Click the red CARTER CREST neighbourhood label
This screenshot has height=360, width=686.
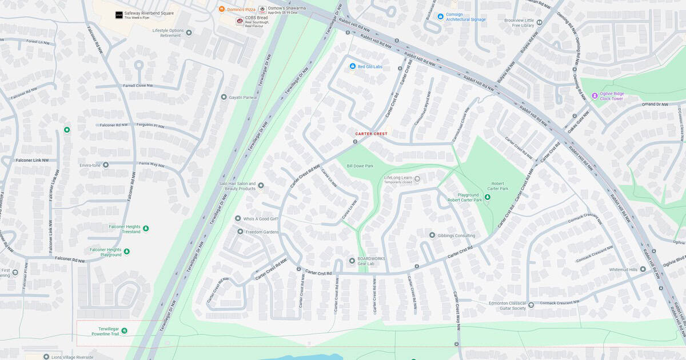click(x=371, y=134)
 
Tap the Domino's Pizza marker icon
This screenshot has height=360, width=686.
click(x=222, y=9)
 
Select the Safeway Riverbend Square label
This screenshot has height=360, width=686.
click(x=149, y=13)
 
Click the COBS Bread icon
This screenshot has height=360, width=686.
click(x=240, y=21)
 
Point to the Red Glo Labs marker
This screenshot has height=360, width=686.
click(x=353, y=67)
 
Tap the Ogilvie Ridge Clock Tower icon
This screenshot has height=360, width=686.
click(x=595, y=96)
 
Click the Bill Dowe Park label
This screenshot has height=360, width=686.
click(x=360, y=166)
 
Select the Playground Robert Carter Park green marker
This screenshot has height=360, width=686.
click(x=487, y=197)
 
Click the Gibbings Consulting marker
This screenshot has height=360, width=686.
click(x=433, y=235)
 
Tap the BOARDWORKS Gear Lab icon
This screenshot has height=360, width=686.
click(x=352, y=261)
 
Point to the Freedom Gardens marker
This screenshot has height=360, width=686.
click(x=240, y=231)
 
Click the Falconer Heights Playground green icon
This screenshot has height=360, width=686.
click(x=127, y=251)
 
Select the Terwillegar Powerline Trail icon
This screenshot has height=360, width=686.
click(x=125, y=330)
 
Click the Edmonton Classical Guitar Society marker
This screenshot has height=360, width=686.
click(x=532, y=305)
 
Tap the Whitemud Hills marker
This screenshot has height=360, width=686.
click(x=643, y=269)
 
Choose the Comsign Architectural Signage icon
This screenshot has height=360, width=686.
click(x=440, y=16)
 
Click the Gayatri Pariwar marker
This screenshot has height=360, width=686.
click(x=224, y=97)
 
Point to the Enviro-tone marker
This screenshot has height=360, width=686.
click(x=106, y=165)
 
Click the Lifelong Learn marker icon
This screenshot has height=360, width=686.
click(x=417, y=179)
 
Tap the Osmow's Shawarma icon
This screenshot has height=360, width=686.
click(x=262, y=9)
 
